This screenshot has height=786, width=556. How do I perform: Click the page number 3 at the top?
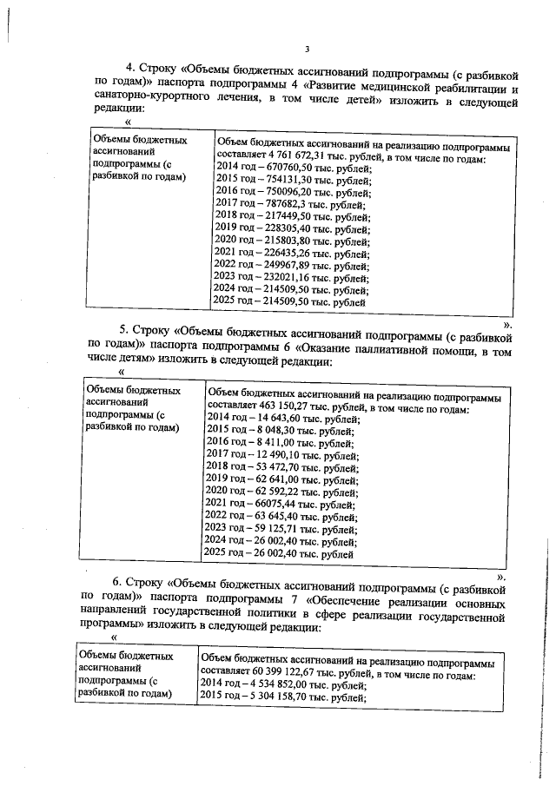[307, 49]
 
